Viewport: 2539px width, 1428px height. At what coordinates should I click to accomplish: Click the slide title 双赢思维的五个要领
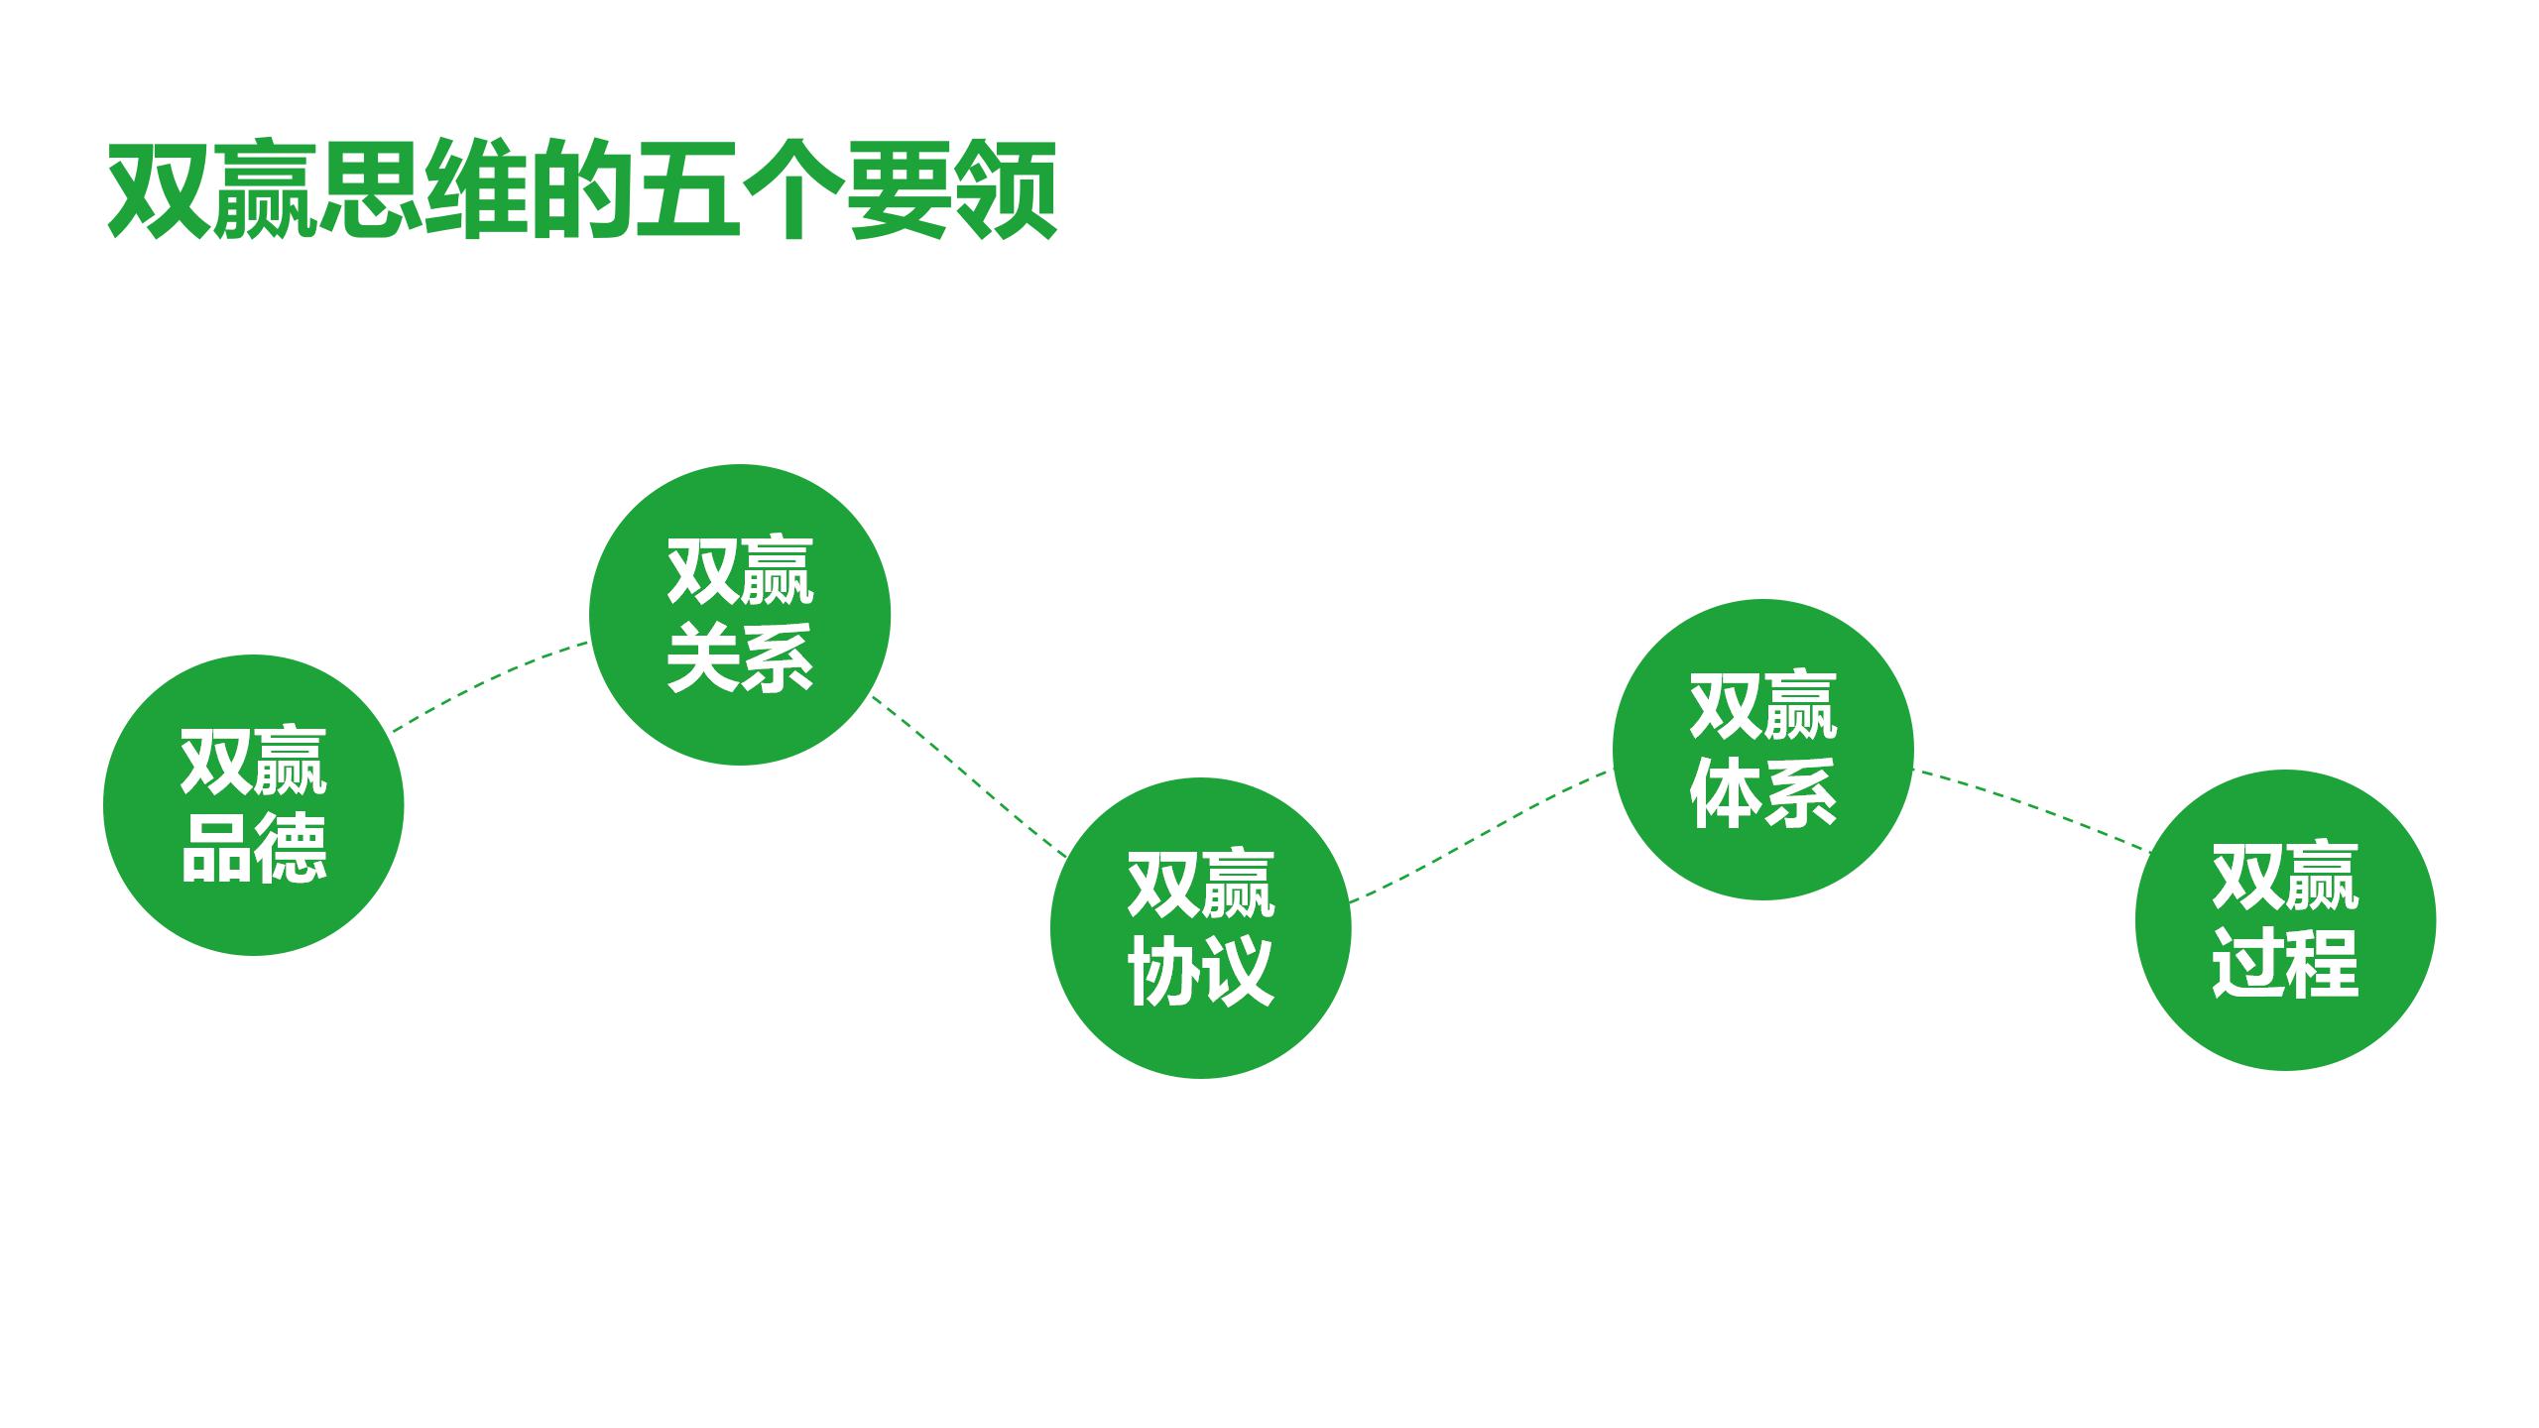point(582,190)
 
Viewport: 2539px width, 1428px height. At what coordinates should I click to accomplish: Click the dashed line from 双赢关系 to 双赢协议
point(968,775)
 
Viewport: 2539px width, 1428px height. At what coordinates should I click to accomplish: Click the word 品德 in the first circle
point(254,848)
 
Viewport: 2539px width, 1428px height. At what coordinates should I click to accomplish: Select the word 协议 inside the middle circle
point(1200,971)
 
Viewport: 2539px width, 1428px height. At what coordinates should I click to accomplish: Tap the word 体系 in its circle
point(1762,792)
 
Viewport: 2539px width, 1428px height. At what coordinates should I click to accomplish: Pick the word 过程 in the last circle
point(2285,963)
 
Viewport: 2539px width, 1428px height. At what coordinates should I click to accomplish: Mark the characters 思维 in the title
point(424,190)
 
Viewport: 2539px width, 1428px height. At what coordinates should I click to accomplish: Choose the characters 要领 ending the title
point(952,190)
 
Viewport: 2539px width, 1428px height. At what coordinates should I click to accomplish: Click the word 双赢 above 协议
point(1200,884)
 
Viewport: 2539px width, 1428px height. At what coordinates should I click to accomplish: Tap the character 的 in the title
point(582,190)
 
